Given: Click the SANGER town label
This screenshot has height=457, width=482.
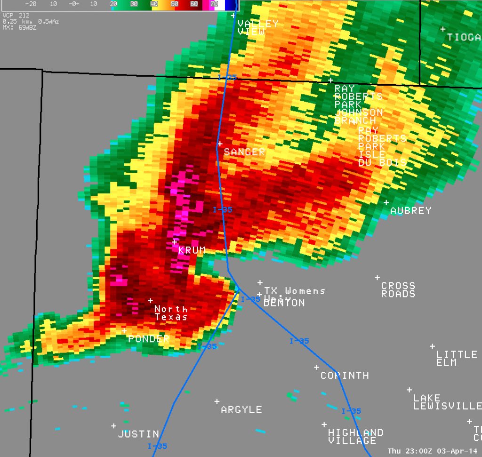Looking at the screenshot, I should [244, 152].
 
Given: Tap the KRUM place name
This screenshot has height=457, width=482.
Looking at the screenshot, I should [192, 250].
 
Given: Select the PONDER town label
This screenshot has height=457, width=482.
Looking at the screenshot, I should [149, 339].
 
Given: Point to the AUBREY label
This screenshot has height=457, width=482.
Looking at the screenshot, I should [410, 211].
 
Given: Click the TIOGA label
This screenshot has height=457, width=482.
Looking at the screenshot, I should [464, 37].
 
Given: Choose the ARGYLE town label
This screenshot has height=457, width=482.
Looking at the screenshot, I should [241, 410].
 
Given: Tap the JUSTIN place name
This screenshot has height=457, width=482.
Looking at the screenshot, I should [138, 434].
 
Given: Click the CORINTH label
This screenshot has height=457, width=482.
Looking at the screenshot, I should [345, 376].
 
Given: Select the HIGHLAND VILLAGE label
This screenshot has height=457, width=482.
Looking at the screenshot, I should [355, 436].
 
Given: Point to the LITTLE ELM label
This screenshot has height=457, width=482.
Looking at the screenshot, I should [456, 358].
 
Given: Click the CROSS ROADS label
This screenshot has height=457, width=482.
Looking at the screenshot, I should [398, 290].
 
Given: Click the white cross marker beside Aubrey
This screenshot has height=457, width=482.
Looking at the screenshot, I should [386, 202].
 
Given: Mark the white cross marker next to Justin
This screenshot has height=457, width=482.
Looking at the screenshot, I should [113, 426].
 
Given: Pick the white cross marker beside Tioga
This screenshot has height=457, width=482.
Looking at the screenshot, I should [442, 29].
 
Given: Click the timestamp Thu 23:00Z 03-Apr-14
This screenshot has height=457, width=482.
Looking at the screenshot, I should [433, 451].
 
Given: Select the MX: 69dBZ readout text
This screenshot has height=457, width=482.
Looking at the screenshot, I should [19, 27].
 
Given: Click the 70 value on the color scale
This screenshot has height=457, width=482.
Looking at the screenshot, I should [214, 4].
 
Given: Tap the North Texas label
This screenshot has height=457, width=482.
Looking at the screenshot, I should [171, 313].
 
